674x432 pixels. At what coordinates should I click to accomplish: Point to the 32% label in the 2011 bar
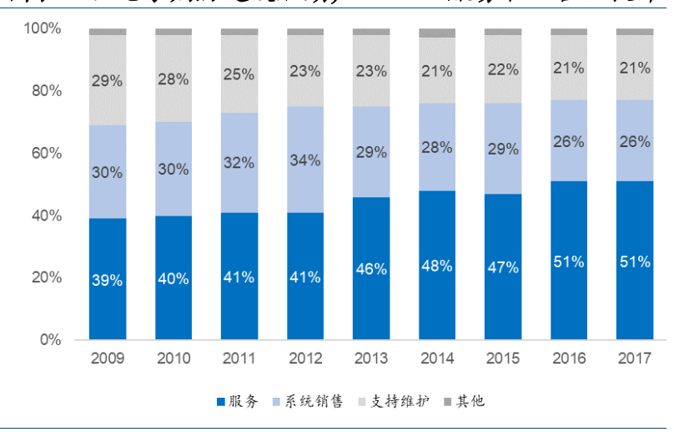239,163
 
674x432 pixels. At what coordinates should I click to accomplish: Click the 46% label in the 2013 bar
371,269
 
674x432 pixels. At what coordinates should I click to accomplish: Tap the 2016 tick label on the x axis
569,358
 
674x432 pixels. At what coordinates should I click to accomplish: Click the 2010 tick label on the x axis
174,358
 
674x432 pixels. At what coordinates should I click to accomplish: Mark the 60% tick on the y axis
47,154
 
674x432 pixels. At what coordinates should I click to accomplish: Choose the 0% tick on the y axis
52,340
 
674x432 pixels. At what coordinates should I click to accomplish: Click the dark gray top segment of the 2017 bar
635,32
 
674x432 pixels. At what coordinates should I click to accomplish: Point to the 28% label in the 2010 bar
174,79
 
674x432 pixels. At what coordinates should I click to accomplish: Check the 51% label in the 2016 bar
569,262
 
